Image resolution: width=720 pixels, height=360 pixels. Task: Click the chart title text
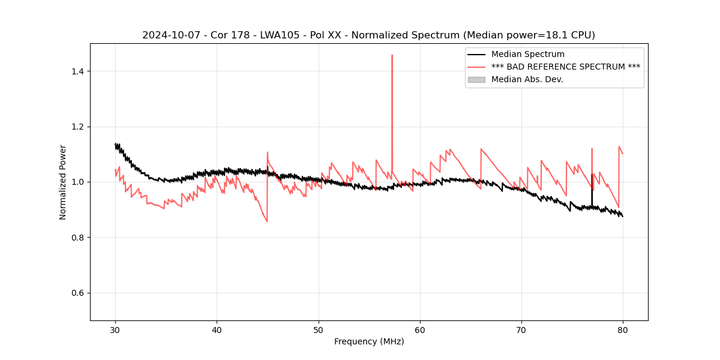(368, 35)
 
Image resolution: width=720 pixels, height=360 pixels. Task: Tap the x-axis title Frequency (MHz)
(369, 341)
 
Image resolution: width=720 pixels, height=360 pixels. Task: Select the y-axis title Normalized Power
(63, 182)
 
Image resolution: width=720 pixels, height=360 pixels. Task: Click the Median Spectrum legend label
(527, 54)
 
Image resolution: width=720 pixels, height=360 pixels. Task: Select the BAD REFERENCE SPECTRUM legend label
(565, 67)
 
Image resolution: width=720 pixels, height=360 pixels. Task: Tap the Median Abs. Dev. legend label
(527, 79)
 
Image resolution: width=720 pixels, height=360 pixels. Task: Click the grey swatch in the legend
(476, 79)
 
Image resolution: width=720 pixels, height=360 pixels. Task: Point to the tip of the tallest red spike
(392, 55)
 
